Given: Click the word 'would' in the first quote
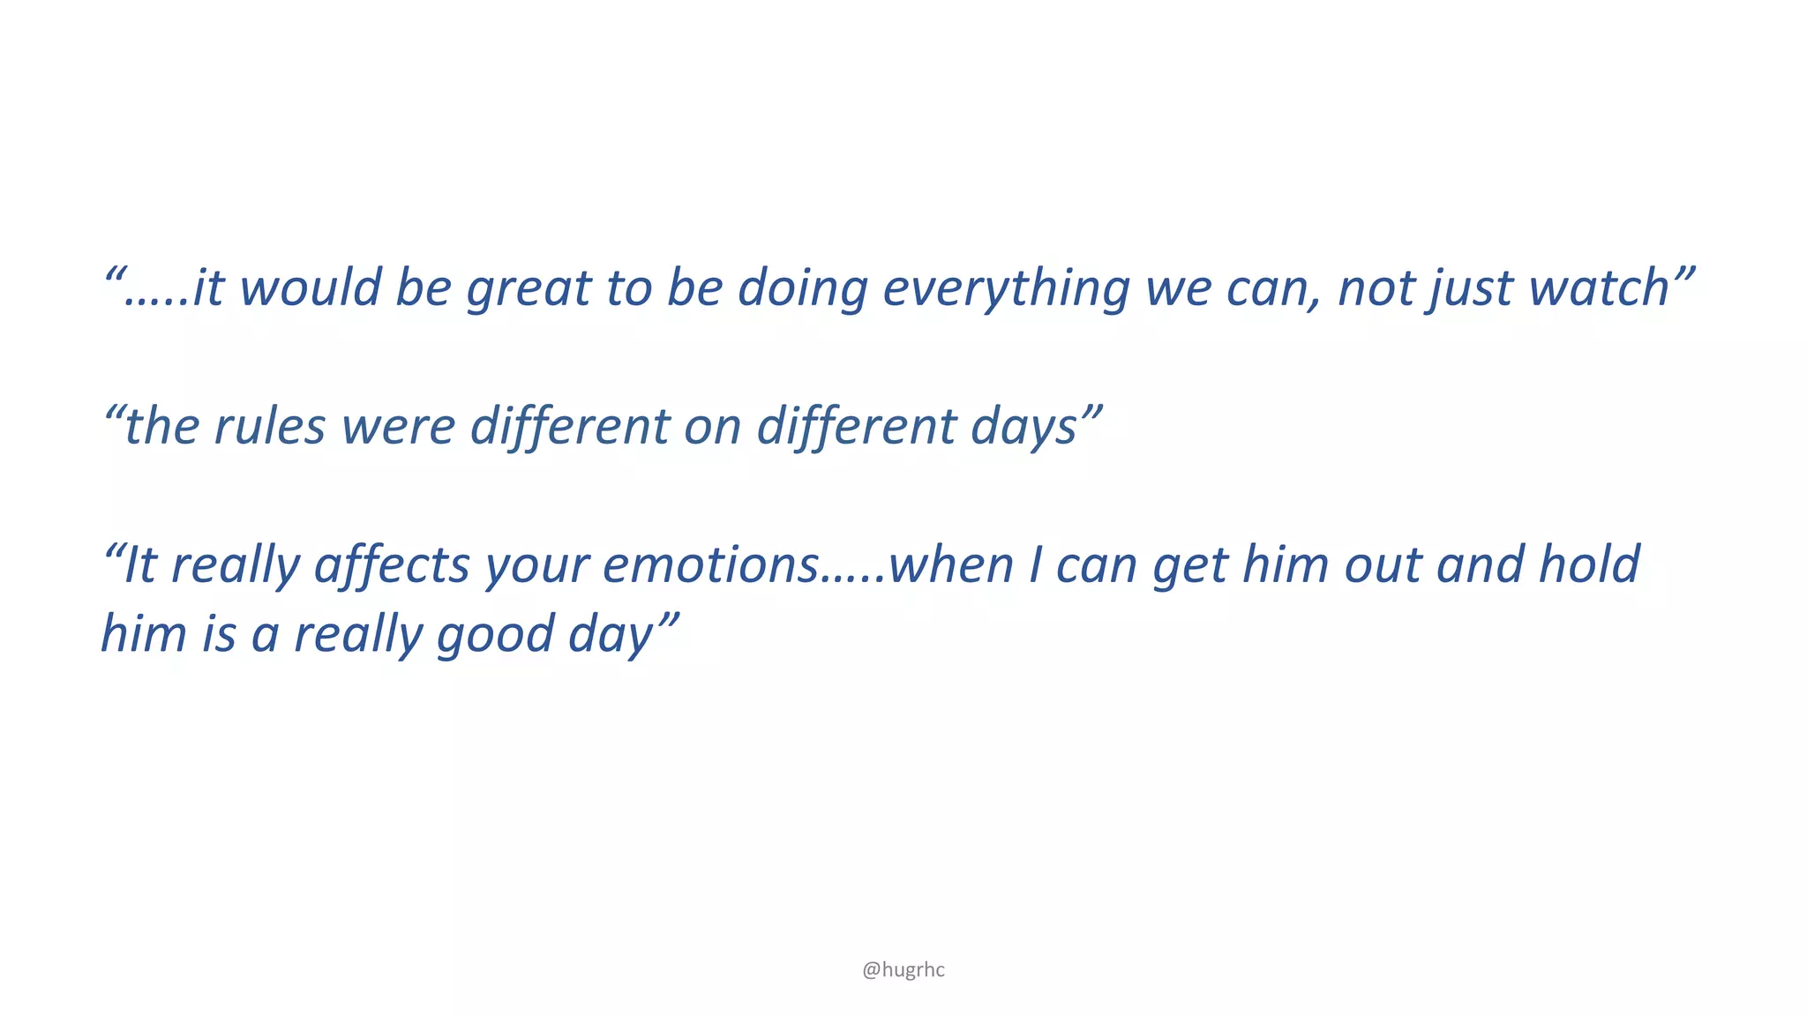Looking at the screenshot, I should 309,288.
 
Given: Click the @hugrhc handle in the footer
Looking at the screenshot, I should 903,970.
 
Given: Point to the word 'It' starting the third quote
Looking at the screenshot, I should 139,565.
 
